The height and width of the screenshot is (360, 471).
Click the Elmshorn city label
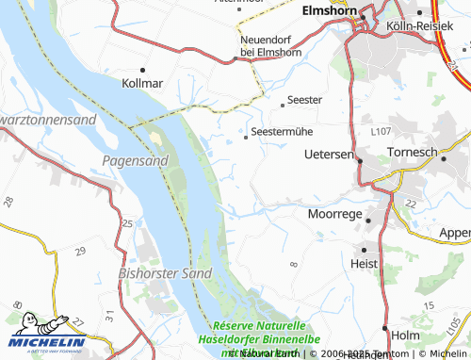coord(331,11)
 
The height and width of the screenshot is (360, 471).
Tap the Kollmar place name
coord(143,83)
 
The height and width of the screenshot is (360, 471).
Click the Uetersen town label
coord(329,153)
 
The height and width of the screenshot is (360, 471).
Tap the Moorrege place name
coord(334,214)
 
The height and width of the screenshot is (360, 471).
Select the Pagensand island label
coord(135,161)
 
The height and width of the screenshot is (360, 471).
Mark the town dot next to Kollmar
coord(143,70)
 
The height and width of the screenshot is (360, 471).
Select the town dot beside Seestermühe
coord(247,138)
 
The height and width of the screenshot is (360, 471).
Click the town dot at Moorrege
coord(368,221)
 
